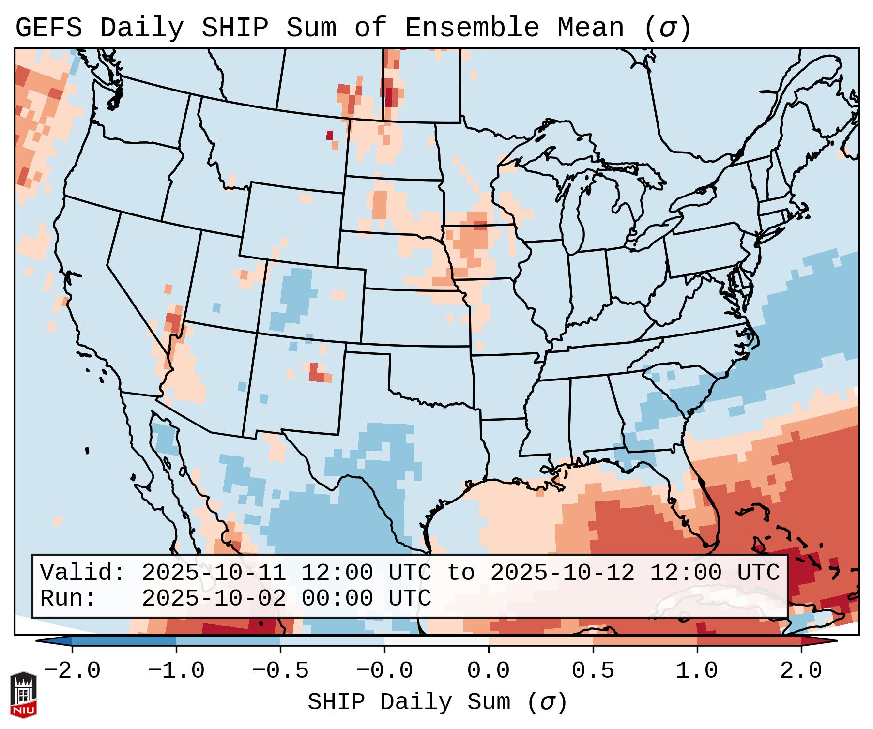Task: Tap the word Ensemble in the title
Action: coord(472,28)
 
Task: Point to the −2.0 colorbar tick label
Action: coord(72,671)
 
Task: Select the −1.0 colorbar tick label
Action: coord(176,671)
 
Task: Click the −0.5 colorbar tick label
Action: coord(280,671)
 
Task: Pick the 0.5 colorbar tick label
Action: coord(593,671)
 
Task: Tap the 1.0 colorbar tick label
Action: coord(697,671)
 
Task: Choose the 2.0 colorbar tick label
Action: coord(801,671)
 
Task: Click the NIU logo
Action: coord(23,695)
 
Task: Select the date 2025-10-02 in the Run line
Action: coord(214,598)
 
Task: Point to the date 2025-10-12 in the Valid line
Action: coord(562,573)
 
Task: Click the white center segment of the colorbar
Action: coord(436,640)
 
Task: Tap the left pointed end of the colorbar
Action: coord(44,640)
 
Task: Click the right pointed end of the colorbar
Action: coord(830,640)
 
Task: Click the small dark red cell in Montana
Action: coord(330,135)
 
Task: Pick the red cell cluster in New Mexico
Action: coord(317,372)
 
